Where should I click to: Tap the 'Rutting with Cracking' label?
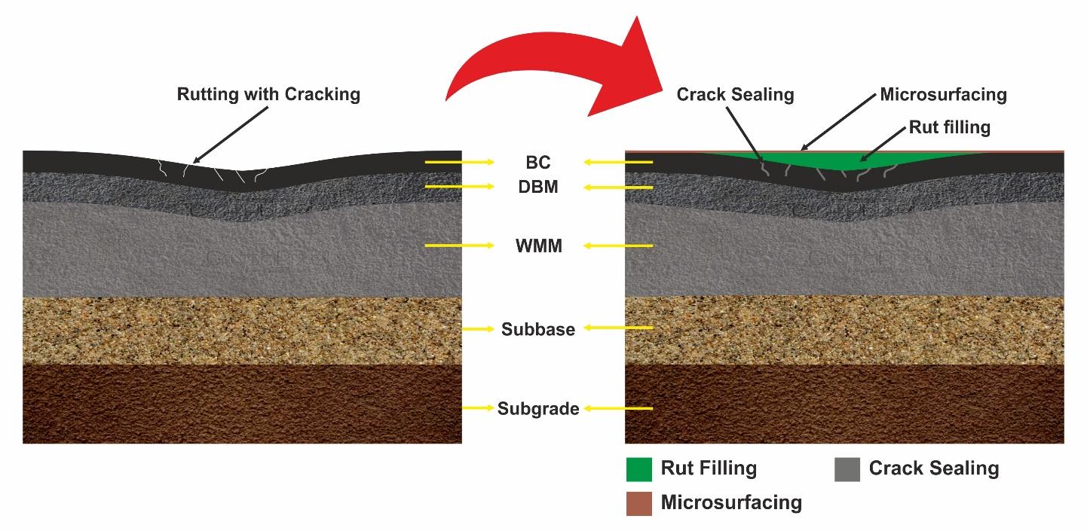(x=268, y=95)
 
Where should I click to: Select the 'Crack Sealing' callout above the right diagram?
(x=735, y=95)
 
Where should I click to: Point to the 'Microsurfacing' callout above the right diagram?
(x=943, y=95)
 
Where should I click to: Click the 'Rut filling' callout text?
(x=949, y=127)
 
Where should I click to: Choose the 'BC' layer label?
(x=538, y=163)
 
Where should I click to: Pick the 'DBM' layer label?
(x=538, y=187)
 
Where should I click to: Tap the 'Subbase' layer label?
(x=538, y=329)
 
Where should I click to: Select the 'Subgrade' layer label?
(x=538, y=409)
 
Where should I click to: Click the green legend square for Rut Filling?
(x=639, y=469)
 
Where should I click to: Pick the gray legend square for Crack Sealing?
(x=847, y=469)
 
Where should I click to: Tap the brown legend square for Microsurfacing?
(x=639, y=503)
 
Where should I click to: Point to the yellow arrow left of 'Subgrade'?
(x=478, y=409)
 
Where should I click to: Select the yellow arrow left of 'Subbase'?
(x=479, y=329)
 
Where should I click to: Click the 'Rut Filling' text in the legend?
(x=709, y=468)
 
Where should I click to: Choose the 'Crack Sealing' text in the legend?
(x=934, y=468)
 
